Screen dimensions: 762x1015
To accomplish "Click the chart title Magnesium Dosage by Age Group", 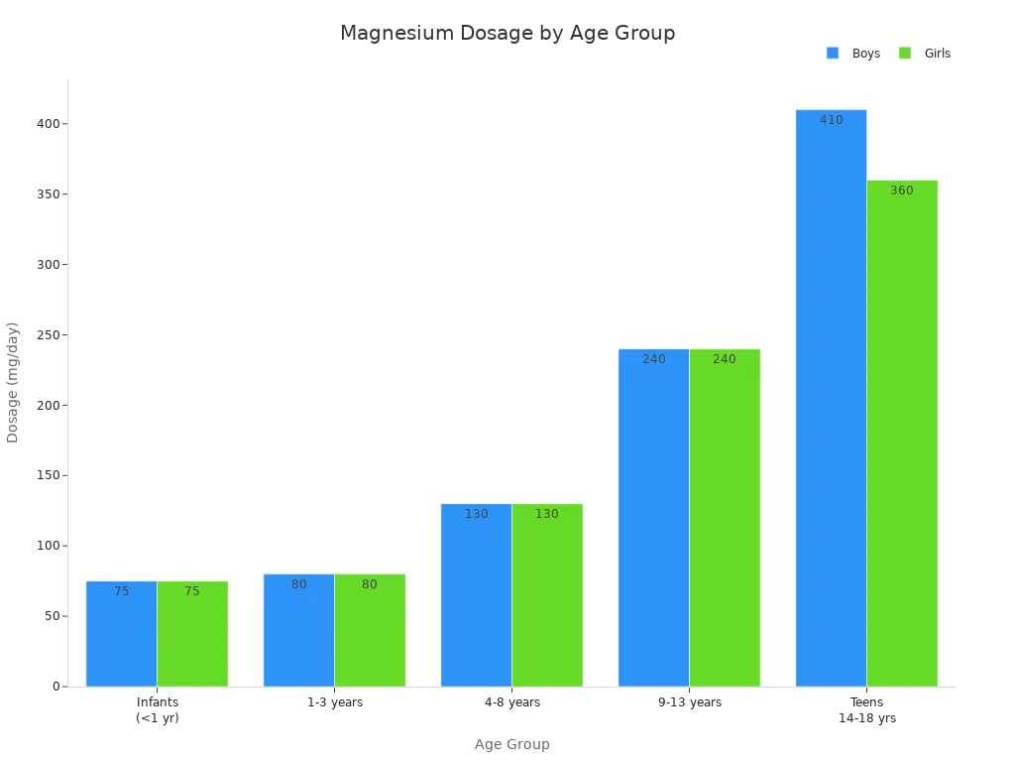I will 507,34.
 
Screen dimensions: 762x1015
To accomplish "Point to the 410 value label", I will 831,120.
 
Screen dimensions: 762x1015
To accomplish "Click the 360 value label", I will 902,190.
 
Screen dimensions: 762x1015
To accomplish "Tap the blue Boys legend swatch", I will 833,54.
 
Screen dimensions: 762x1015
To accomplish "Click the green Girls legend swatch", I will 905,54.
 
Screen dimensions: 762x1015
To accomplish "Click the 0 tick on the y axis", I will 56,687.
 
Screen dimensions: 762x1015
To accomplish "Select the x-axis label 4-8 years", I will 512,702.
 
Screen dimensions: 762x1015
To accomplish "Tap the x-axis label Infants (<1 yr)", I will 158,710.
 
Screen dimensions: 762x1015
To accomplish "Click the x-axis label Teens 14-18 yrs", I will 866,710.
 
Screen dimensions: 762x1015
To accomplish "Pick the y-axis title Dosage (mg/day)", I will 13,382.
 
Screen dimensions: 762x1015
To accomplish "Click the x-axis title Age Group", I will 511,744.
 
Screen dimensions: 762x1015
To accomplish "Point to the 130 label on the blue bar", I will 477,514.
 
